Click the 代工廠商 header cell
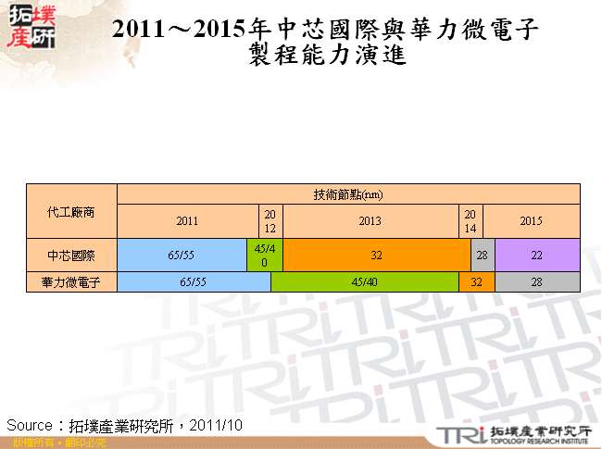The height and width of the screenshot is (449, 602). click(x=71, y=211)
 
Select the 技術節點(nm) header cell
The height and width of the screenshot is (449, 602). click(x=348, y=194)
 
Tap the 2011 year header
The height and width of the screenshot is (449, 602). click(x=187, y=221)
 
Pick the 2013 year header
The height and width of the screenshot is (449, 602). click(x=370, y=221)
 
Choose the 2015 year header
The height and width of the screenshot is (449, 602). click(x=531, y=221)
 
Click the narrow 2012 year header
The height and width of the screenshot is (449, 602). click(x=270, y=221)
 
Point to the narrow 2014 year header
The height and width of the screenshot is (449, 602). click(x=470, y=221)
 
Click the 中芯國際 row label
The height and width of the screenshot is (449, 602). click(x=71, y=255)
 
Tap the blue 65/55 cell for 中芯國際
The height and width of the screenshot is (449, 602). click(x=181, y=255)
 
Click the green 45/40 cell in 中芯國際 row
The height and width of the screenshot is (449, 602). click(x=264, y=255)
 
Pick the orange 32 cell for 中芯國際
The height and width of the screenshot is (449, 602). click(x=376, y=255)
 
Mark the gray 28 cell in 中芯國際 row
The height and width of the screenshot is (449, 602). click(x=482, y=255)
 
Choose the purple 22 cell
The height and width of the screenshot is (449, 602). click(x=537, y=255)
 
